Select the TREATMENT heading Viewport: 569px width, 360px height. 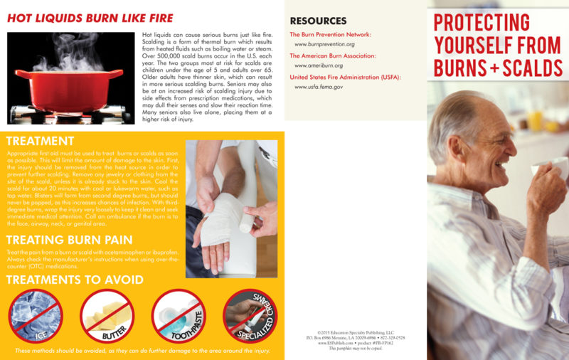(40, 141)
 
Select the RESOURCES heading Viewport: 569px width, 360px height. (318, 21)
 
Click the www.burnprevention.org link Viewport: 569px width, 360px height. (324, 44)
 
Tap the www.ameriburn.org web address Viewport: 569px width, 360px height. (320, 65)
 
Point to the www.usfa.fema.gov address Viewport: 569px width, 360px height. (319, 87)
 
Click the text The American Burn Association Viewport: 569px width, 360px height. (333, 55)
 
